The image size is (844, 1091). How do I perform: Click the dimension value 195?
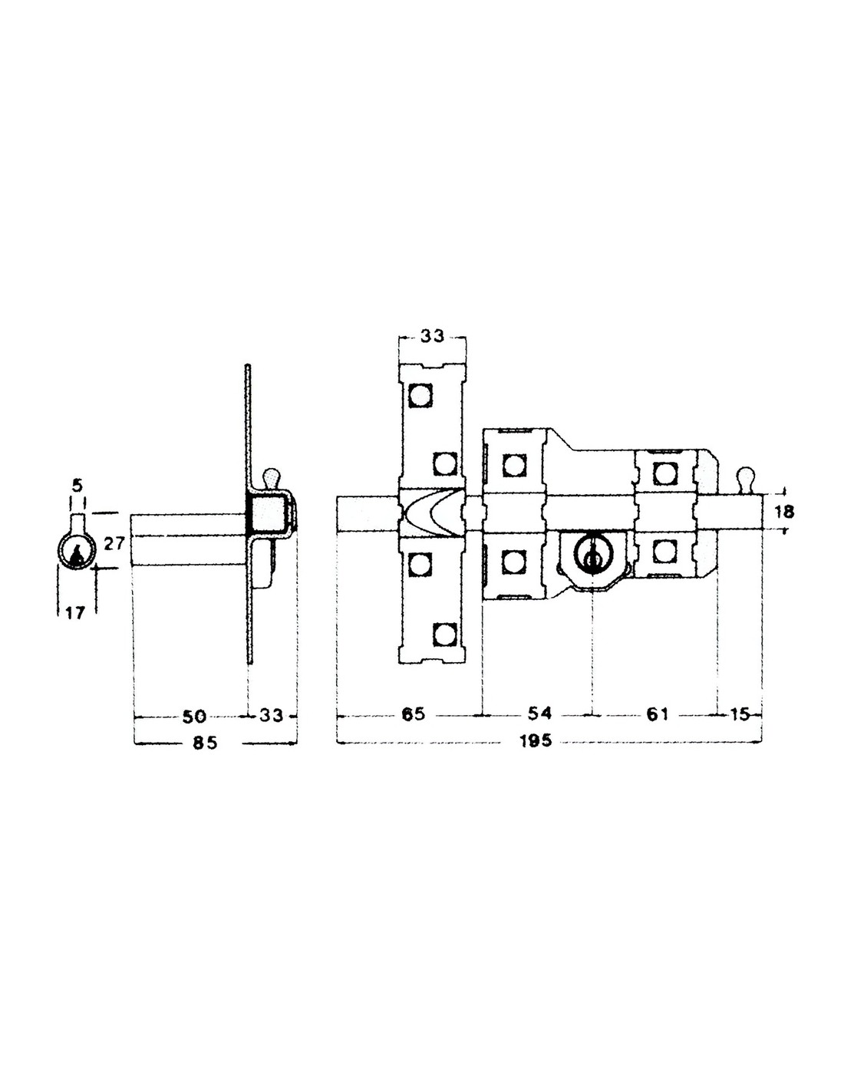[535, 741]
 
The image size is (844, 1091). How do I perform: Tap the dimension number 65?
[414, 714]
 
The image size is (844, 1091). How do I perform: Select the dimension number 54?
[539, 713]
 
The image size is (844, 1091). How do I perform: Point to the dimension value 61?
[656, 714]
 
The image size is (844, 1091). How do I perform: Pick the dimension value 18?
[784, 512]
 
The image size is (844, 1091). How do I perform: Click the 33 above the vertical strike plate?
[432, 336]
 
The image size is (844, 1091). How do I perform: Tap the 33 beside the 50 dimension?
[271, 715]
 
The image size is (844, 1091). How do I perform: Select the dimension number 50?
[194, 716]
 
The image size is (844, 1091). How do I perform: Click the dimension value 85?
[206, 742]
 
